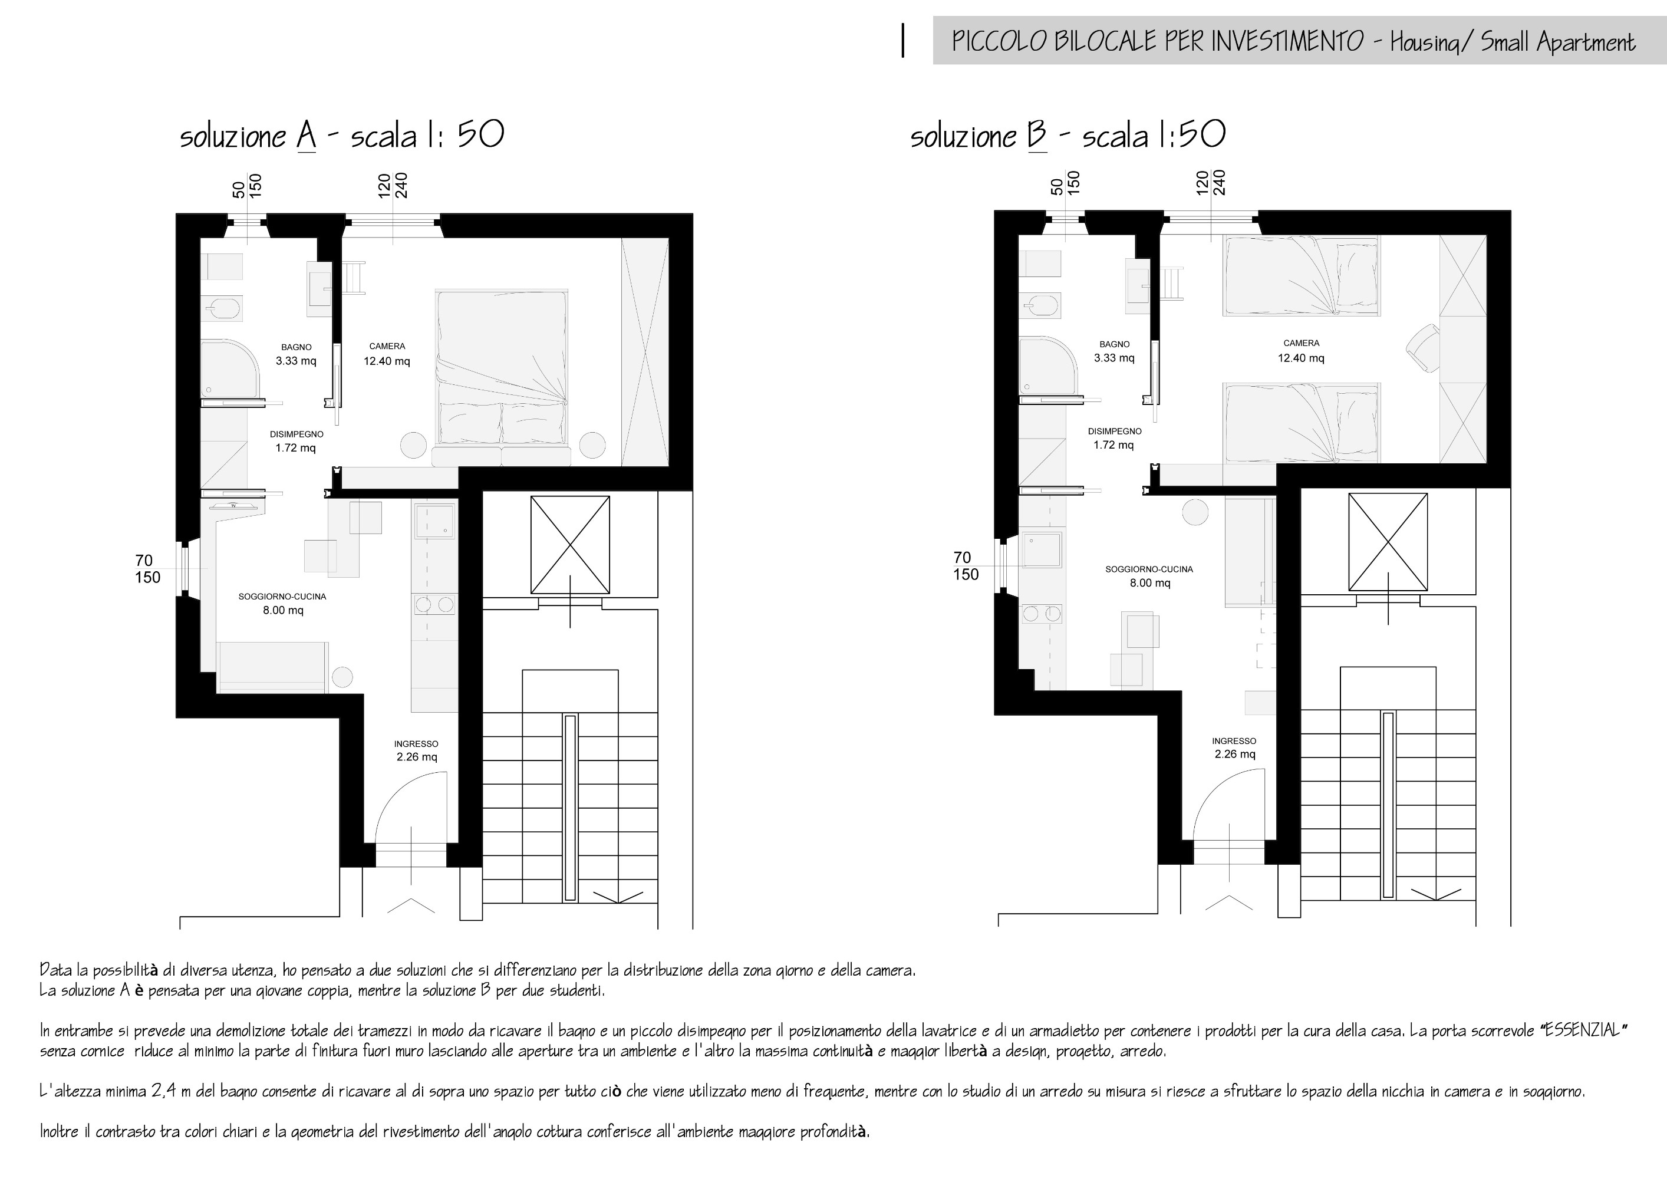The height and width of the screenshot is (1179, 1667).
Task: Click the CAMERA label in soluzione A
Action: (387, 346)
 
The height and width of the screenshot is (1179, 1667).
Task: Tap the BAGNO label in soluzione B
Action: (1115, 344)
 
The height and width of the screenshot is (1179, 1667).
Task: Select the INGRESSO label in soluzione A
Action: (416, 743)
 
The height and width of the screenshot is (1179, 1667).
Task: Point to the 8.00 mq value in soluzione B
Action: (1150, 583)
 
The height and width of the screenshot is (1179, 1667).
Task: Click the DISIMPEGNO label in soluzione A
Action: (296, 434)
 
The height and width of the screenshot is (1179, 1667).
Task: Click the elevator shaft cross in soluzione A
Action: (570, 535)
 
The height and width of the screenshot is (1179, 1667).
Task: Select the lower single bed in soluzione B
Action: (1301, 423)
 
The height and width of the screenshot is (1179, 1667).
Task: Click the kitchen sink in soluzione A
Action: (434, 521)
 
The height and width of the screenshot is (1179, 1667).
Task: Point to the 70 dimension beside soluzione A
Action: (144, 561)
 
